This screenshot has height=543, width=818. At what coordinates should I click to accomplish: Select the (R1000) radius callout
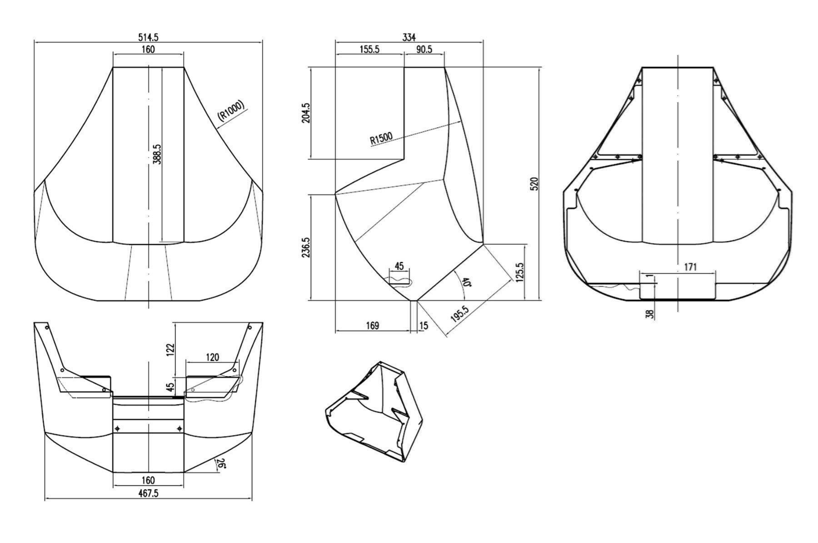point(231,110)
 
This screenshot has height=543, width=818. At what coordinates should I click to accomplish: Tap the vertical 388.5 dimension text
point(157,154)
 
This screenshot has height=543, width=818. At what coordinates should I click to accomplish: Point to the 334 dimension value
point(409,37)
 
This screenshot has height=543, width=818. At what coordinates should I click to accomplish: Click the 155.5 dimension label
point(369,49)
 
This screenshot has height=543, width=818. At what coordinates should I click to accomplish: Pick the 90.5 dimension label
point(424,49)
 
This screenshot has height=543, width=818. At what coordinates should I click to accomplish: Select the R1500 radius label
point(381,139)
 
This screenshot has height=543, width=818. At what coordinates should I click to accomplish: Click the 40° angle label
point(465,282)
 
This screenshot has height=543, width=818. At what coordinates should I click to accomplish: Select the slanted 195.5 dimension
point(460,314)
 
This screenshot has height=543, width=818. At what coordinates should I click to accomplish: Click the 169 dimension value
point(372,325)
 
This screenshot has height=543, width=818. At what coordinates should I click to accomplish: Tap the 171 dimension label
point(690,267)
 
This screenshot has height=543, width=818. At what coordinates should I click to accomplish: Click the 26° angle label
point(220,463)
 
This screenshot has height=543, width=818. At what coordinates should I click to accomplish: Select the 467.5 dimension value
point(148,493)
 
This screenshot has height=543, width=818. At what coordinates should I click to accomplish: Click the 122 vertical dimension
point(170,350)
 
